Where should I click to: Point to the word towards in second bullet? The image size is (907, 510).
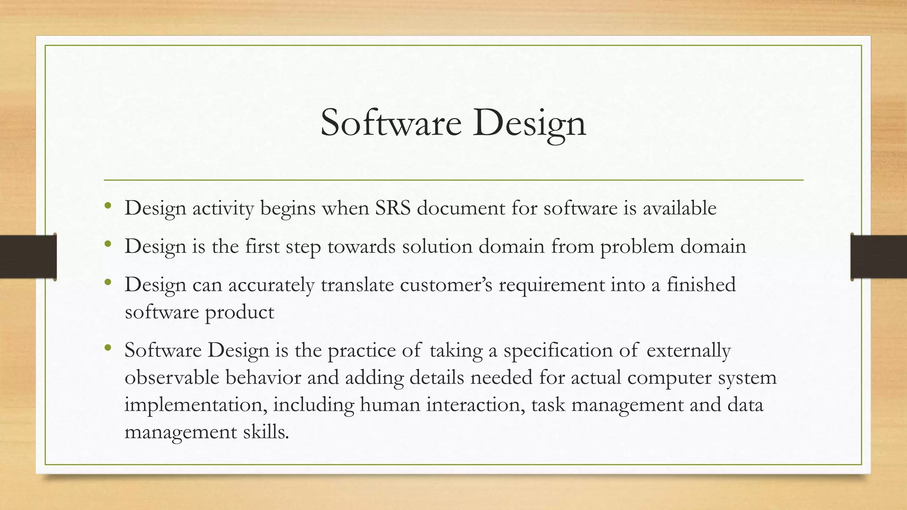(361, 246)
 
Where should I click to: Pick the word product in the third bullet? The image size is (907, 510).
(240, 313)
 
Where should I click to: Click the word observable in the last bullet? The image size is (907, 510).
(172, 377)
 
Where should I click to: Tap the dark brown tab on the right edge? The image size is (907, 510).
(879, 257)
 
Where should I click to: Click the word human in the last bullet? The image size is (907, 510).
(390, 405)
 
